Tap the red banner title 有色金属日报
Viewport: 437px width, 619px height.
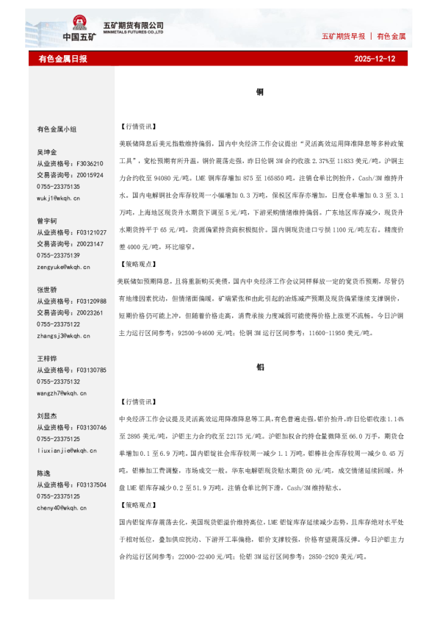point(62,58)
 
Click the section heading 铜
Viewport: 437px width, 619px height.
point(260,92)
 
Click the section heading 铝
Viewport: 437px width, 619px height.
point(260,366)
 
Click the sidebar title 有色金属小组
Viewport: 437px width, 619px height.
point(57,129)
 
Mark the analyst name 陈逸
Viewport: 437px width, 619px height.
point(44,473)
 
